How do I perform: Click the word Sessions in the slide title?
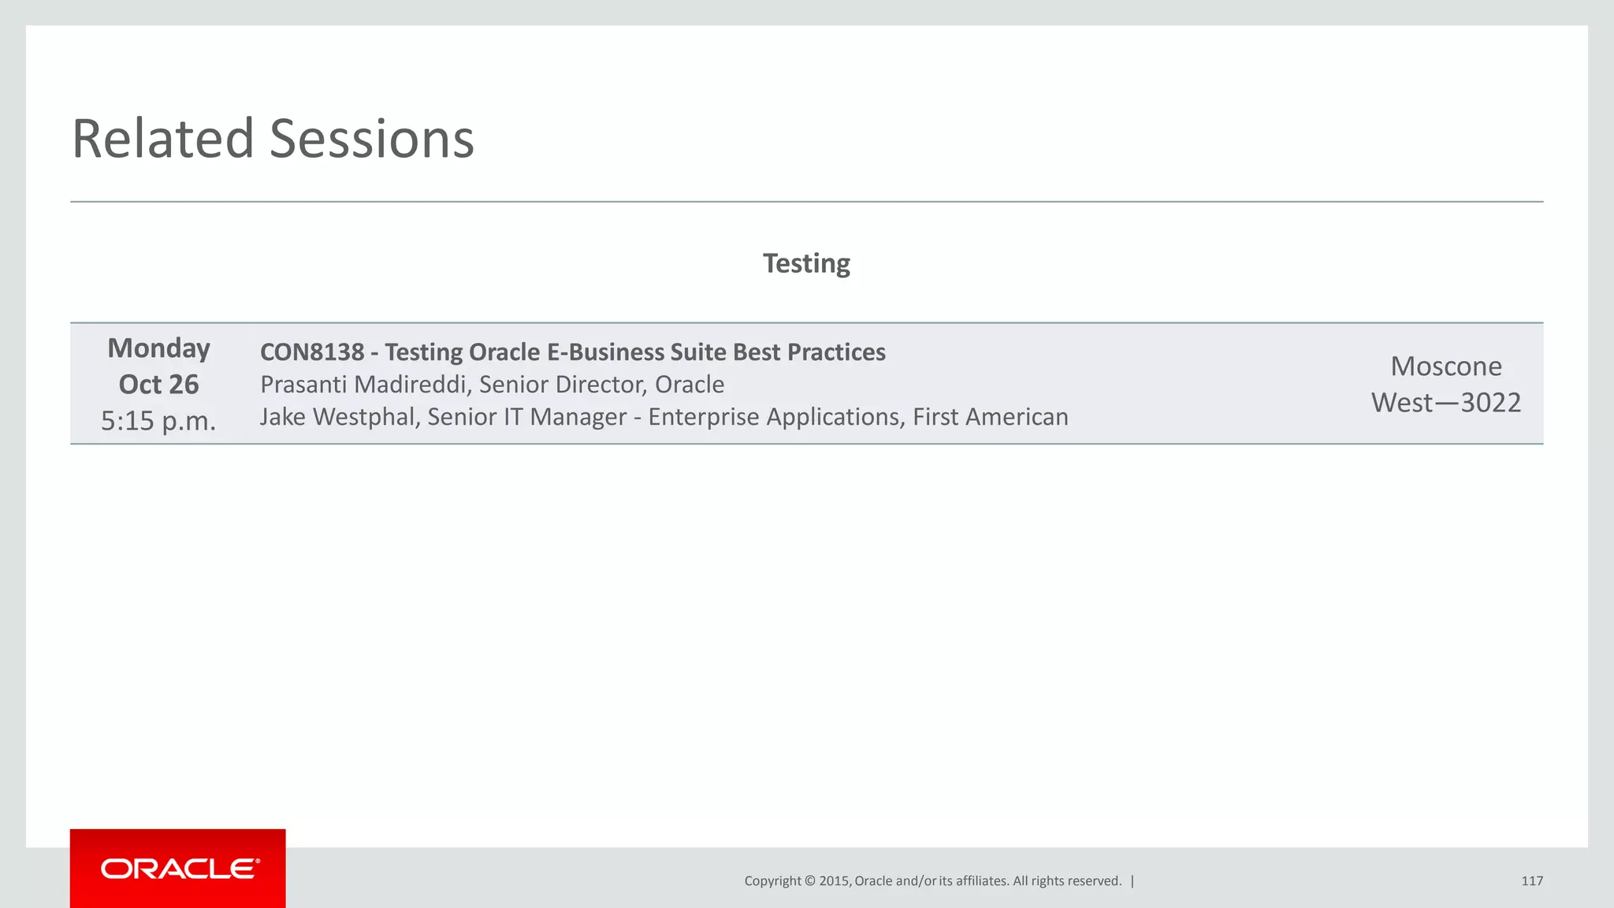point(372,139)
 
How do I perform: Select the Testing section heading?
point(806,263)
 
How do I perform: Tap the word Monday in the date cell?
point(158,348)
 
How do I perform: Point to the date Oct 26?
point(158,385)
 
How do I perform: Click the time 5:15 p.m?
point(158,421)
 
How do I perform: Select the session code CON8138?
point(312,352)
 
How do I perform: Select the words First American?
point(990,417)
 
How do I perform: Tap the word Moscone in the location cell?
point(1446,367)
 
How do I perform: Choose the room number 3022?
point(1490,403)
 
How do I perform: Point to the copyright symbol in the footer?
point(809,881)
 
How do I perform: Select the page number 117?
point(1532,881)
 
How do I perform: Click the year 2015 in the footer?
point(835,881)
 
